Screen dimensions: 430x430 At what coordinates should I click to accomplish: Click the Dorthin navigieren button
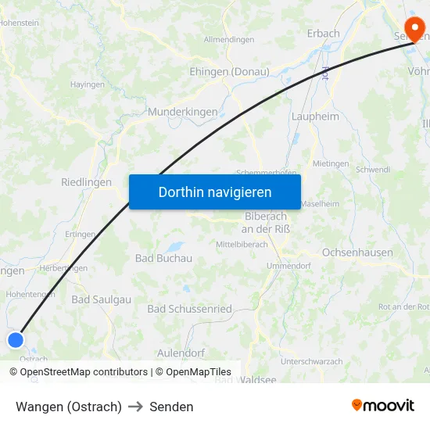[214, 192]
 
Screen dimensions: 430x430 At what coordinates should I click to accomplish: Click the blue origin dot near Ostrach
[16, 339]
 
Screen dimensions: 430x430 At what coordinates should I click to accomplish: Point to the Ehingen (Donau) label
[229, 71]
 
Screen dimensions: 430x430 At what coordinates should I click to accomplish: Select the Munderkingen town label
[182, 112]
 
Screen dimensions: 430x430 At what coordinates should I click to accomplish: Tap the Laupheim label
[315, 116]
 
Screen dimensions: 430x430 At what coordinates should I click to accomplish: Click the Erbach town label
[323, 34]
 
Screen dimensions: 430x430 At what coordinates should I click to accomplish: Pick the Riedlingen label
[86, 181]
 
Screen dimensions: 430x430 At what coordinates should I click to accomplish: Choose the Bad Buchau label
[163, 258]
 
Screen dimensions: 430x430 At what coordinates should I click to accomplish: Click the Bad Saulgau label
[101, 299]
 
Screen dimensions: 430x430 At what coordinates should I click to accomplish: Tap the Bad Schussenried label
[189, 309]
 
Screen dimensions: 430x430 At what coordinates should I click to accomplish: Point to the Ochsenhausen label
[357, 253]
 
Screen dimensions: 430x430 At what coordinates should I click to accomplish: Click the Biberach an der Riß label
[266, 222]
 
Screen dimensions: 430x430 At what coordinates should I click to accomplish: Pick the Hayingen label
[88, 84]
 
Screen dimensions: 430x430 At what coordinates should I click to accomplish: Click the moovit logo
[383, 405]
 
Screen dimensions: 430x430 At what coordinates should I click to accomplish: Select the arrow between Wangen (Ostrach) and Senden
[135, 407]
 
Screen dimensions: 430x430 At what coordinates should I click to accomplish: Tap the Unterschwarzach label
[311, 361]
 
